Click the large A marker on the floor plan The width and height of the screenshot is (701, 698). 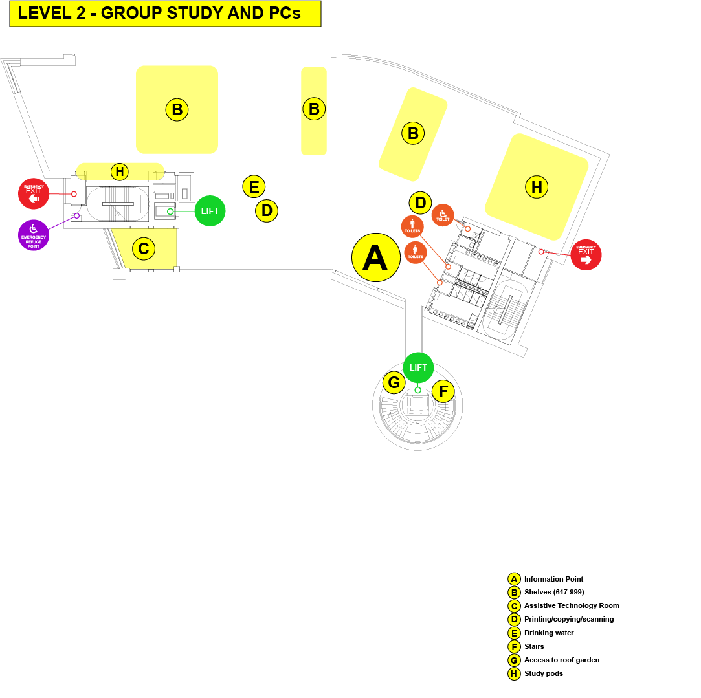coord(376,257)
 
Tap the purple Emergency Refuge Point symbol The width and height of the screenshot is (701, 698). coord(34,235)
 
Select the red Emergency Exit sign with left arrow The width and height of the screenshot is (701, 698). coord(34,193)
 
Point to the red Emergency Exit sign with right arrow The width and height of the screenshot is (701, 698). coord(586,255)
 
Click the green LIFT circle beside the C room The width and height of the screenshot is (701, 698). coord(210,211)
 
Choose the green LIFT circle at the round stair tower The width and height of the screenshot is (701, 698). coord(418,368)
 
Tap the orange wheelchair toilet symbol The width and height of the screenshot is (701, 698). coord(443,215)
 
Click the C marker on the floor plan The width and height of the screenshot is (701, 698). coord(144,248)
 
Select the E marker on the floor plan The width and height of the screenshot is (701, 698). coord(254,187)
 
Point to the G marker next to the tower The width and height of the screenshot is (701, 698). coord(394,382)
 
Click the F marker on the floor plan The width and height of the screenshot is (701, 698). coord(443,391)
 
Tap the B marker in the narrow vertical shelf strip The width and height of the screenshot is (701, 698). coord(314,109)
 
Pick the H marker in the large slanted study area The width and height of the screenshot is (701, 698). coord(537,187)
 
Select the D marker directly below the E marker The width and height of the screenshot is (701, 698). coord(267,210)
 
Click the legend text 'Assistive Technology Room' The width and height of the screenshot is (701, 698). coord(572,605)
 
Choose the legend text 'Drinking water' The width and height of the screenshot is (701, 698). coord(549,633)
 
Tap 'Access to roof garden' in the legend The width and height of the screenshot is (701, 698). coord(562,660)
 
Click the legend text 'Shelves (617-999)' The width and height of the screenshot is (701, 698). coord(554,592)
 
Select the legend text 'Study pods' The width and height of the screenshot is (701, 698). coord(544,673)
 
